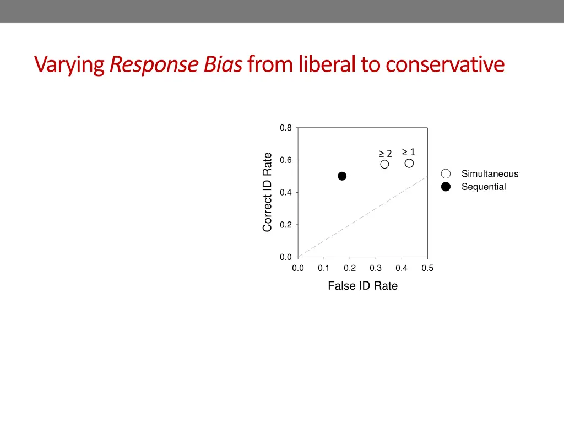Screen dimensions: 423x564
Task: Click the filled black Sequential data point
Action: point(342,176)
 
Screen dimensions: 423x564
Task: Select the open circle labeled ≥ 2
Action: point(384,164)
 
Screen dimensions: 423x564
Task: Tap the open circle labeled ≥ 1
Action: point(409,163)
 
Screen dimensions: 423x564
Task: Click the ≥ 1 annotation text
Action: point(408,152)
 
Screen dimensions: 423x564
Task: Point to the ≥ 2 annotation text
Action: point(385,153)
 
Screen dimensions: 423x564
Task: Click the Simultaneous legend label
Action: point(490,174)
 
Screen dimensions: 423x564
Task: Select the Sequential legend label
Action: point(484,187)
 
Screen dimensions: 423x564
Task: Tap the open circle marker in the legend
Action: point(446,174)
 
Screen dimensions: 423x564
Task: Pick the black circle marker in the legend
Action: point(446,187)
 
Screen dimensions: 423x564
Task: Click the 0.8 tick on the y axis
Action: point(285,128)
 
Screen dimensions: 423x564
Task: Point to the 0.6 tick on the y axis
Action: point(285,160)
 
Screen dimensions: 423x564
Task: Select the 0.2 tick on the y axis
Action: point(285,225)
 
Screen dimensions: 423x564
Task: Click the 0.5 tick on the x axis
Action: point(427,269)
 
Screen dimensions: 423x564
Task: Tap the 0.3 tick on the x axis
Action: point(376,269)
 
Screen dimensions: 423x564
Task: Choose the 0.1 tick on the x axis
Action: point(323,269)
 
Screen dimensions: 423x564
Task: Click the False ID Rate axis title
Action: point(362,286)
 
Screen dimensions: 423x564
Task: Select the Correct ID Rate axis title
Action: point(268,192)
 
